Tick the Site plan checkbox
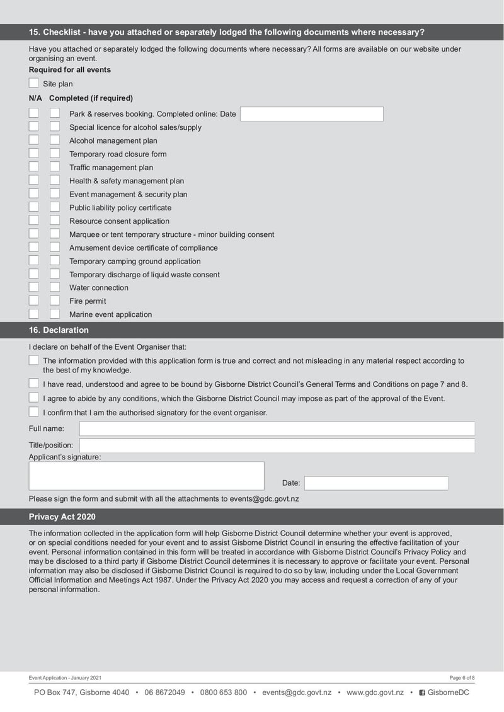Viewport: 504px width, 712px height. point(33,83)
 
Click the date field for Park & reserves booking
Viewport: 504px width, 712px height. point(311,114)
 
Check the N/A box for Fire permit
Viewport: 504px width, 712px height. point(33,301)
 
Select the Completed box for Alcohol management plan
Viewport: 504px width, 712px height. point(55,141)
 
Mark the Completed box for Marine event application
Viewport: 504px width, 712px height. point(55,314)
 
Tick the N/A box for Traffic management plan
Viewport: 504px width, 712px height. point(33,167)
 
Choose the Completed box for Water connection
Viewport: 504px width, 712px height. point(55,287)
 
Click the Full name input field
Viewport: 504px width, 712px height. point(277,428)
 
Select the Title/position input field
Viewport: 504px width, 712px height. point(277,445)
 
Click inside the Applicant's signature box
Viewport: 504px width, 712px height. point(146,476)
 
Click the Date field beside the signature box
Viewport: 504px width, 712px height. point(375,483)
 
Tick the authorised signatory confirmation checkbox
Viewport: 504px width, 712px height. point(33,412)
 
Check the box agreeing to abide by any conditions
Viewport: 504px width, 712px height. point(33,398)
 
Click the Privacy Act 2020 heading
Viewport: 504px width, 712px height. point(62,517)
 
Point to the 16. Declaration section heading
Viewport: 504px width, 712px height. point(59,330)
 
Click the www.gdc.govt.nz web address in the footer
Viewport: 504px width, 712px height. point(375,692)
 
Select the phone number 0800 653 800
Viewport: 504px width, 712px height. point(223,692)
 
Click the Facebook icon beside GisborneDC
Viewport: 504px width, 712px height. point(422,692)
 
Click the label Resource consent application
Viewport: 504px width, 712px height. point(119,221)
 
